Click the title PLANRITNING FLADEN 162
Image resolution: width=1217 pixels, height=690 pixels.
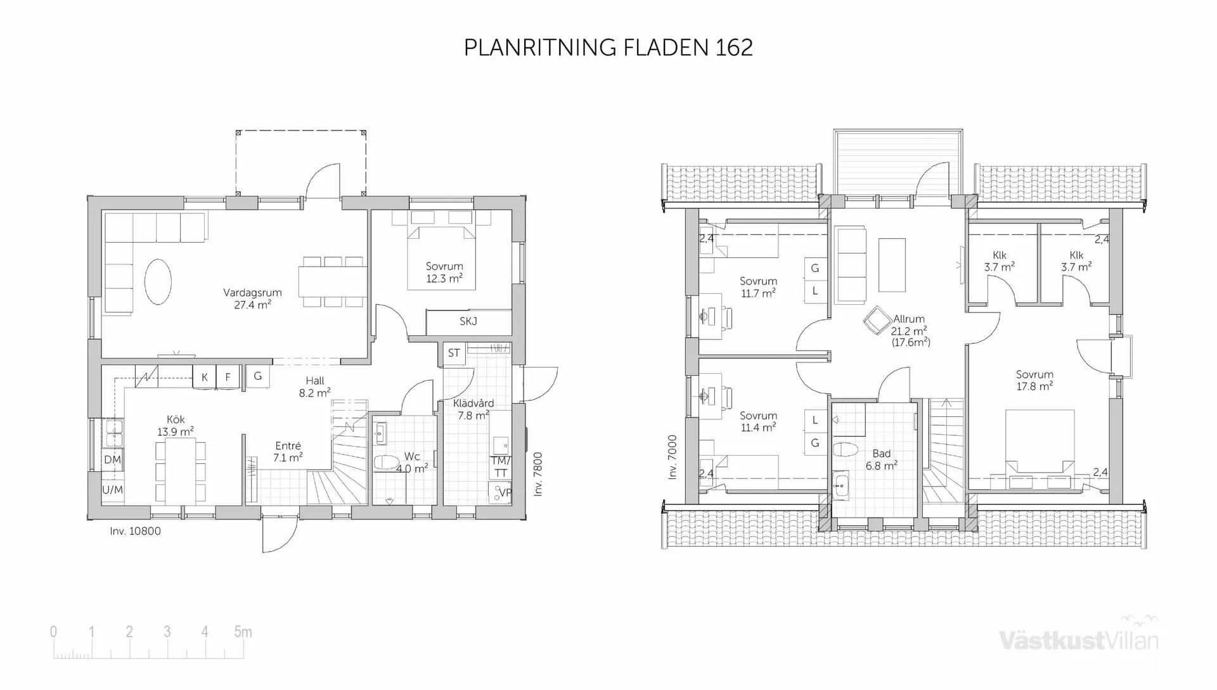coord(608,48)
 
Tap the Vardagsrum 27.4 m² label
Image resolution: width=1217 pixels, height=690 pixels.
coord(252,298)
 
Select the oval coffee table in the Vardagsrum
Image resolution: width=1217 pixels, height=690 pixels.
coord(158,282)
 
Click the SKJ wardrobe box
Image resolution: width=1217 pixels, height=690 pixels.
coord(468,322)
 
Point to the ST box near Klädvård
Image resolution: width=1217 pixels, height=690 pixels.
coord(454,353)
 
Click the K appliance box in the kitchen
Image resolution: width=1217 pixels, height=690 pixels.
coord(205,377)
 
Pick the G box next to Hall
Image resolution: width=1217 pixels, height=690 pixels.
coord(257,376)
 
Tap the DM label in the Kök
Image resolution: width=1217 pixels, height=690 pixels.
coord(112,459)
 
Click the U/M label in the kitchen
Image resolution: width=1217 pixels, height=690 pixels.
coord(112,490)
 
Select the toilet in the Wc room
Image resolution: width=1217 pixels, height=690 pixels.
coord(385,462)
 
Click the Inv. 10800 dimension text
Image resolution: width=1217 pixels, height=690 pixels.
coord(135,531)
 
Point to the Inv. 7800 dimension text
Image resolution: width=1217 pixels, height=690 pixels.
coord(538,473)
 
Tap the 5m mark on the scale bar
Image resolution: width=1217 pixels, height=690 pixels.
coord(242,632)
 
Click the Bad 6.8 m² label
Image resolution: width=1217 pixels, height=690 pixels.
coord(881,459)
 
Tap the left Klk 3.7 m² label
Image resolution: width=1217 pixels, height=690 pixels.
coord(999,261)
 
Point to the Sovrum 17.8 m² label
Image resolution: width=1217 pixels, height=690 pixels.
coord(1034,380)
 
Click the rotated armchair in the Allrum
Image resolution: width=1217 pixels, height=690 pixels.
coord(877,321)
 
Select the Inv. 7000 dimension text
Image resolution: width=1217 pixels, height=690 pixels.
coord(673,456)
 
